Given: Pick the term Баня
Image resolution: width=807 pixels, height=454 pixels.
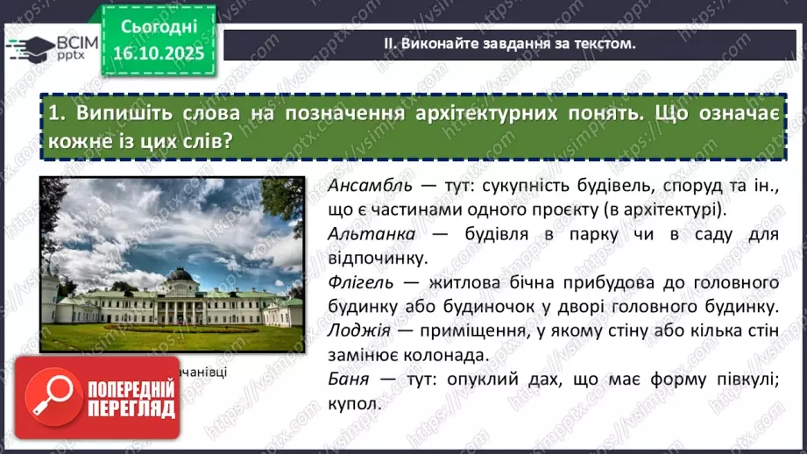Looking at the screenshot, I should [345, 380].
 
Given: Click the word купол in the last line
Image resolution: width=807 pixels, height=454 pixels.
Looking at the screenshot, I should [354, 405].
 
